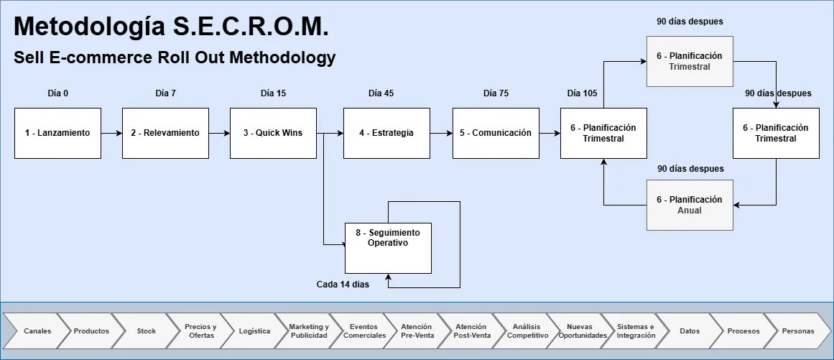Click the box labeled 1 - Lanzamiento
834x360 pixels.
[57, 133]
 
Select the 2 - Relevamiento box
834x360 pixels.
[165, 133]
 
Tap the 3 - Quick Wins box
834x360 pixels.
[273, 133]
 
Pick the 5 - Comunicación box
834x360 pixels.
[496, 133]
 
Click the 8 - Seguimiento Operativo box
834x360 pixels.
[388, 238]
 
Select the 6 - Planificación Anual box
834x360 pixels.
[690, 205]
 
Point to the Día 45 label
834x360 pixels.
[381, 93]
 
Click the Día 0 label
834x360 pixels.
[57, 93]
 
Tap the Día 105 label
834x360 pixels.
[582, 93]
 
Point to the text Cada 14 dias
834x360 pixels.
[343, 285]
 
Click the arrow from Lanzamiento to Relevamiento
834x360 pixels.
[111, 133]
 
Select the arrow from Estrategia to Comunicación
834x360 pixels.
[442, 133]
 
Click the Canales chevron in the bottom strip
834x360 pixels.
[37, 331]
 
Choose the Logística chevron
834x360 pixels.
[255, 331]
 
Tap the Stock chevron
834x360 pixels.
[147, 331]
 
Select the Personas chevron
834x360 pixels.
[798, 331]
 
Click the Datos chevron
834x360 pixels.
[690, 331]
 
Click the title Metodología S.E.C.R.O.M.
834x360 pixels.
[171, 27]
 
